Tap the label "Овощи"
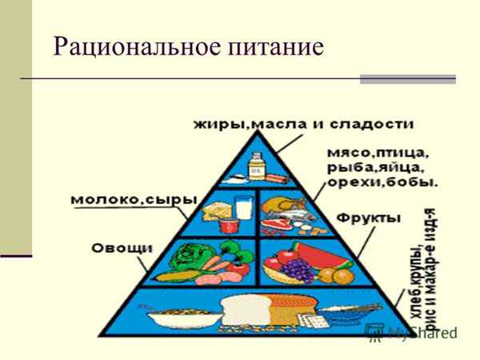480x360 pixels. tap(122, 247)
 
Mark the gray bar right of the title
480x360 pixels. tap(407, 79)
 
